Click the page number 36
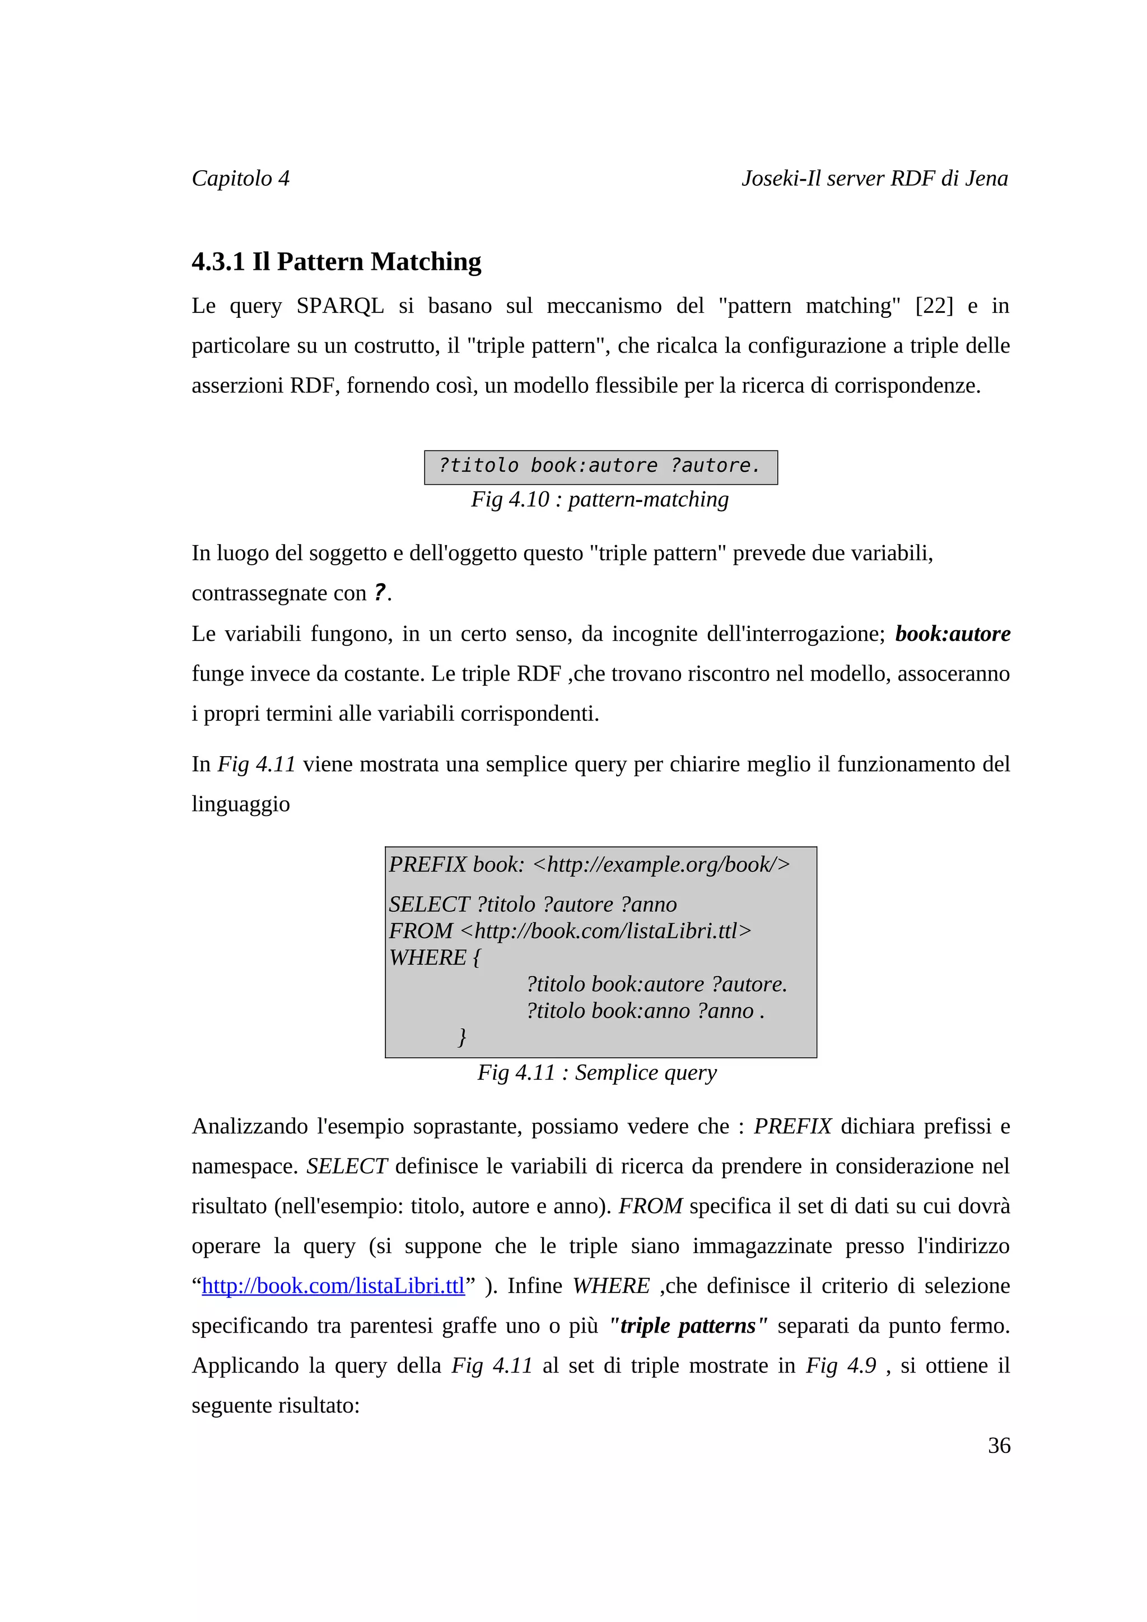(x=999, y=1445)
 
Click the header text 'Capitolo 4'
(x=240, y=178)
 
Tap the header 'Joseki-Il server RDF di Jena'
(x=874, y=178)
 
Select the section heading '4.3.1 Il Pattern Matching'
(x=337, y=261)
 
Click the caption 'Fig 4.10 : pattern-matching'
(x=599, y=499)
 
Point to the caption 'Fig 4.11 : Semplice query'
(x=596, y=1072)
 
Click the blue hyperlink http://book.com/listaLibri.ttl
(x=333, y=1286)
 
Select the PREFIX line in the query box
(x=589, y=865)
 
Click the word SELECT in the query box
(x=429, y=905)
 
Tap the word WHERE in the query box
(x=427, y=958)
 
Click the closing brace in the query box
(x=462, y=1037)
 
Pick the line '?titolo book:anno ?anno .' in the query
(x=645, y=1011)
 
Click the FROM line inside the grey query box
(x=570, y=931)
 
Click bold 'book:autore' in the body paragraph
(x=952, y=634)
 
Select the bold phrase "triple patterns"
(x=688, y=1326)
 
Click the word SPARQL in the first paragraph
(x=340, y=306)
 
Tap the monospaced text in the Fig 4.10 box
(x=599, y=466)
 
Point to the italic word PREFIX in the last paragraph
(x=792, y=1126)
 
